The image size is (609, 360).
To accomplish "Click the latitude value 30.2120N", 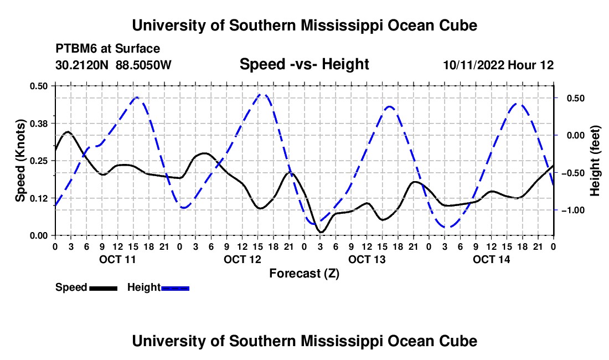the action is [x=82, y=65].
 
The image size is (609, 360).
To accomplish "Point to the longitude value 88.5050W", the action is [x=143, y=65].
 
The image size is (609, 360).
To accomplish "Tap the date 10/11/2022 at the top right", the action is [x=473, y=65].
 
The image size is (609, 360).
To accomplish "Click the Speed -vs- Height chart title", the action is [x=304, y=64].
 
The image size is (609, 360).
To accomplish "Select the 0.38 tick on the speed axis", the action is [x=39, y=124].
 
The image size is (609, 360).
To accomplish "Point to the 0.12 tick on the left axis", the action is [x=39, y=198].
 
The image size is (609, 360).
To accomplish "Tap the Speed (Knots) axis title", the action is [x=20, y=161].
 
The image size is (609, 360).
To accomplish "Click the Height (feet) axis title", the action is [x=595, y=161].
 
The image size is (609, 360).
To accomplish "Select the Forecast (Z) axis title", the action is [x=304, y=274].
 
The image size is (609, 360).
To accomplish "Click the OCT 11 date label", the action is [x=118, y=259].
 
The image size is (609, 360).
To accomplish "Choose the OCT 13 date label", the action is [x=367, y=259].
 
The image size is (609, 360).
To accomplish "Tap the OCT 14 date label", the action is [x=491, y=259].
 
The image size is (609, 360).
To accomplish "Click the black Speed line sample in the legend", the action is [x=103, y=288].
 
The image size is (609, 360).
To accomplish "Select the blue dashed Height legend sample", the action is [x=175, y=288].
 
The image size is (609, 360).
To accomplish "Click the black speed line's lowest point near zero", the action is [x=321, y=232].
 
